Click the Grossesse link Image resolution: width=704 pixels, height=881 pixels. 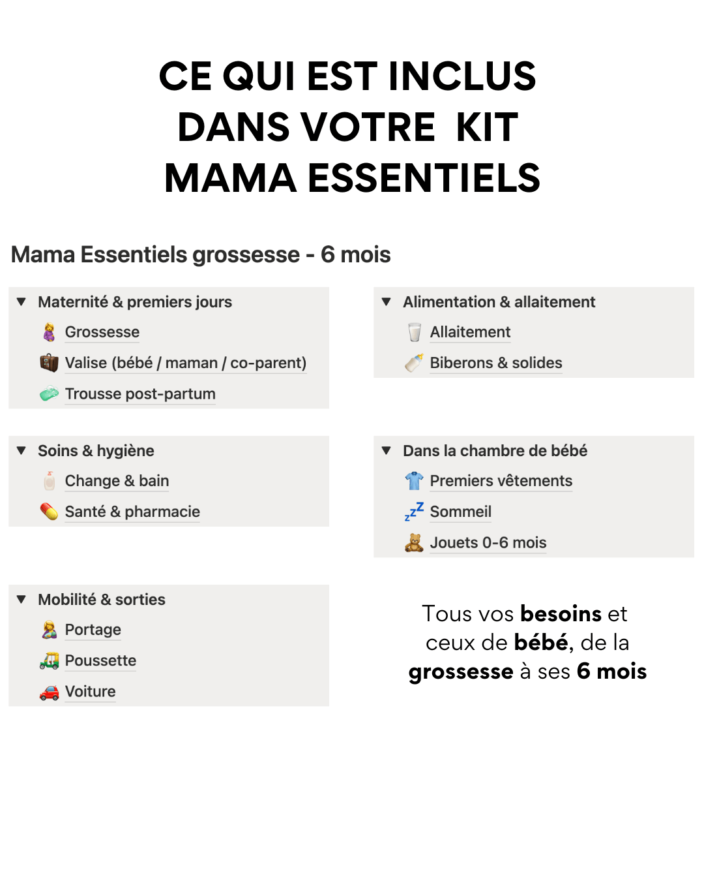click(102, 332)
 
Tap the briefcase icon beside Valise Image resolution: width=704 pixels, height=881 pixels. click(49, 363)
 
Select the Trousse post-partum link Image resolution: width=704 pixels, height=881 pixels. click(140, 394)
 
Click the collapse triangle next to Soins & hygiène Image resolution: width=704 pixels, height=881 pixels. click(22, 451)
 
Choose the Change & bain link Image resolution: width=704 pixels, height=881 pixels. click(117, 481)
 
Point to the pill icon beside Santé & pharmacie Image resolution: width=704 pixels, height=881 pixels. click(49, 512)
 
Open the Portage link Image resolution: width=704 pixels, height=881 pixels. click(93, 630)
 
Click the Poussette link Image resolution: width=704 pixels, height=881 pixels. click(100, 660)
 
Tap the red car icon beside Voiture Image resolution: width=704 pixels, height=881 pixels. click(49, 692)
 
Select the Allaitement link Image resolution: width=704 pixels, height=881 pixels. click(470, 332)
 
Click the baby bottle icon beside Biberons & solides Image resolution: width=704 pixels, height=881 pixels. click(414, 363)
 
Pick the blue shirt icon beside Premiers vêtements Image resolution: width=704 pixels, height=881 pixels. click(414, 481)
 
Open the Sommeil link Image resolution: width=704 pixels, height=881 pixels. click(460, 512)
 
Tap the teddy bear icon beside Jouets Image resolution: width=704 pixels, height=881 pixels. click(414, 543)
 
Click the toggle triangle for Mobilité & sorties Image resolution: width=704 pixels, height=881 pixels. click(22, 600)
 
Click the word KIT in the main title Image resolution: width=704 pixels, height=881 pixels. click(487, 127)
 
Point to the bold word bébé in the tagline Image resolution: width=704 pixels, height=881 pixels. click(541, 643)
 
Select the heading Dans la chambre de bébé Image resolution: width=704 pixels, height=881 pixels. click(495, 451)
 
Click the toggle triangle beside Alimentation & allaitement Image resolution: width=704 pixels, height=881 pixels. click(387, 302)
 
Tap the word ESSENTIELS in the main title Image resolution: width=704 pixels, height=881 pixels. click(424, 178)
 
